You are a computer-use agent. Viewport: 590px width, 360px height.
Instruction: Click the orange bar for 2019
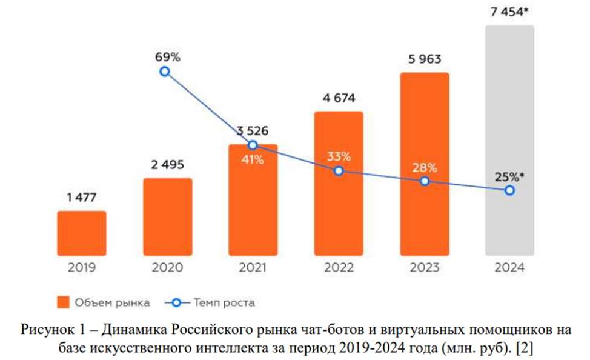coord(82,233)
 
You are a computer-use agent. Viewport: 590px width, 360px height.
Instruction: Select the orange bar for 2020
coord(168,216)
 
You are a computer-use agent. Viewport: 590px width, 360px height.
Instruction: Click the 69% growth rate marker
coord(164,72)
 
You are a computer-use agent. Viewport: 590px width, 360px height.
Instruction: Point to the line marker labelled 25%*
coord(509,190)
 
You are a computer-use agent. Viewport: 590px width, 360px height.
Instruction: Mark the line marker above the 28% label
coord(424,181)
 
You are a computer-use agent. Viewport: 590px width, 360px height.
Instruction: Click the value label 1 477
coord(82,197)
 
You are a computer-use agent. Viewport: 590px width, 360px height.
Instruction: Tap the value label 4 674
coord(339,98)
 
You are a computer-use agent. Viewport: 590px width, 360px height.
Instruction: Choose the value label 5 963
coord(424,59)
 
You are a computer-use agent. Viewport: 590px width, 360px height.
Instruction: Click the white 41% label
coord(253,160)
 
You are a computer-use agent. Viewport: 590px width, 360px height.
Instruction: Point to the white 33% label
coord(339,156)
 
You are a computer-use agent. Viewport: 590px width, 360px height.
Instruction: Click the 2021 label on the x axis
coord(253,267)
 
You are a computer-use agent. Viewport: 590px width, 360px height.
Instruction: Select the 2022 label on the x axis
coord(339,267)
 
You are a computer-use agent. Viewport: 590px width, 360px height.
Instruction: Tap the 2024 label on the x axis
coord(509,267)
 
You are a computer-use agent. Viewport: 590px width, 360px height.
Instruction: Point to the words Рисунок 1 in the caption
coord(48,330)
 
